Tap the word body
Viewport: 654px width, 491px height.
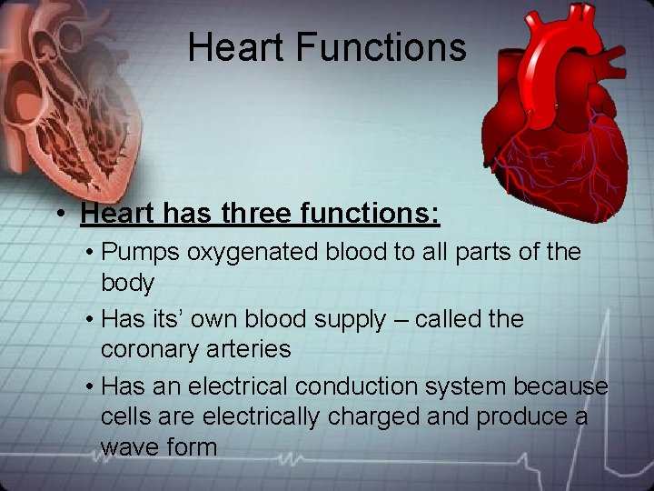[x=128, y=283]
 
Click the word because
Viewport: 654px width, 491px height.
[x=560, y=386]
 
